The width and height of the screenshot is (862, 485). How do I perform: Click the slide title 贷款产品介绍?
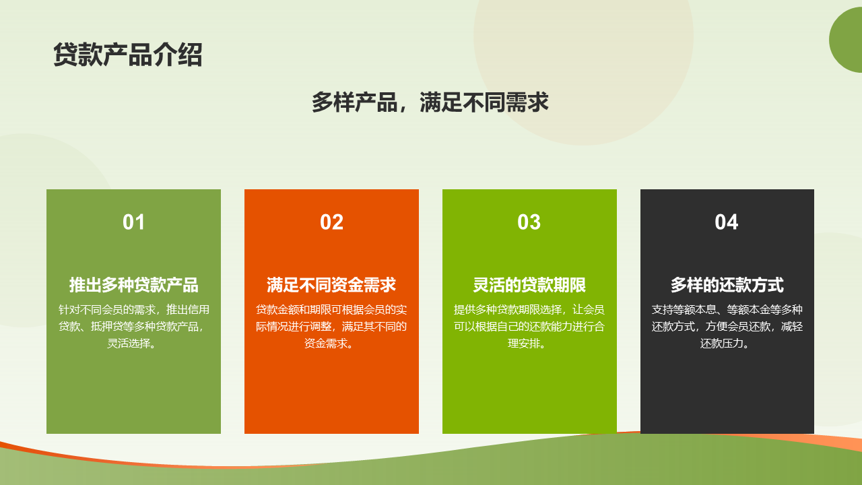[x=128, y=55]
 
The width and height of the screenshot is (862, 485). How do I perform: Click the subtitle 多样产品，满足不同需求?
[x=430, y=102]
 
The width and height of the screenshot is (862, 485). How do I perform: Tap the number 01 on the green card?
[x=133, y=222]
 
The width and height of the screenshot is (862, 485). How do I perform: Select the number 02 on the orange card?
[x=331, y=222]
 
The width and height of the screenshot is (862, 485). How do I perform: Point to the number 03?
[x=529, y=222]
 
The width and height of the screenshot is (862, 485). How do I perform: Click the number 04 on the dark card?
[x=727, y=222]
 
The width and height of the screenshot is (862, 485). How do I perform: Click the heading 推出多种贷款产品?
[x=133, y=285]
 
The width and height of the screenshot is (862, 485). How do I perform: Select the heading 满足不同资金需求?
[x=331, y=285]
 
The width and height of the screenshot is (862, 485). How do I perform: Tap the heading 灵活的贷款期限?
[x=529, y=285]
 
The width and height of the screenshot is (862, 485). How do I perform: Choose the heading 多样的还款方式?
[x=727, y=285]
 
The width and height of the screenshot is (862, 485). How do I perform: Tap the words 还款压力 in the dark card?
[x=721, y=344]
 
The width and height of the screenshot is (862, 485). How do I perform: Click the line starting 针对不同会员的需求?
[x=133, y=309]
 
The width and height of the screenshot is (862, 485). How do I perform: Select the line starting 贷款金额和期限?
[x=331, y=309]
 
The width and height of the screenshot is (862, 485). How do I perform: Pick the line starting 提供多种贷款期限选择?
[x=529, y=309]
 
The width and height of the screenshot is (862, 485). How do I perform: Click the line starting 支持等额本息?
[x=727, y=309]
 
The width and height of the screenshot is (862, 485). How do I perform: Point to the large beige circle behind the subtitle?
[x=583, y=46]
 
